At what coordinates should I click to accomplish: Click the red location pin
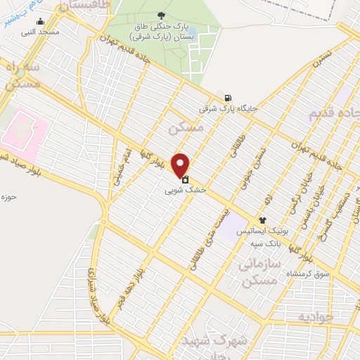pyautogui.click(x=181, y=165)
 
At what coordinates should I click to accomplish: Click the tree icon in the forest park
pyautogui.click(x=163, y=15)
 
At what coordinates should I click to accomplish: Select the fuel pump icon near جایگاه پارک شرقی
pyautogui.click(x=228, y=98)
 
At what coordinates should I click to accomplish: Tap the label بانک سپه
pyautogui.click(x=264, y=243)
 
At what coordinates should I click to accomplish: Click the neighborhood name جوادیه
pyautogui.click(x=314, y=316)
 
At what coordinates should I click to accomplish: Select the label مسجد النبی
pyautogui.click(x=39, y=32)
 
